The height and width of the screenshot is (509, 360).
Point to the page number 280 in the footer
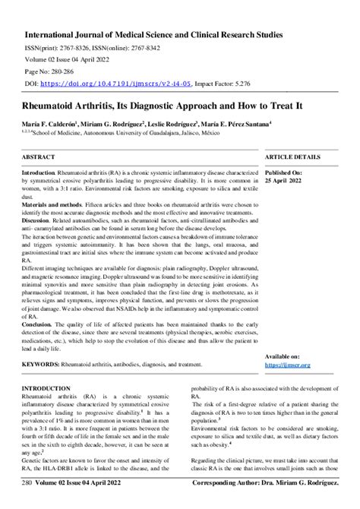click(x=27, y=503)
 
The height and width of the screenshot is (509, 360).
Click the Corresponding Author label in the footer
click(x=229, y=503)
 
